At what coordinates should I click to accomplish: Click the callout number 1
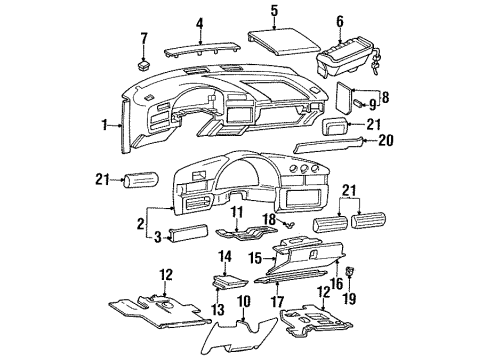click(x=104, y=126)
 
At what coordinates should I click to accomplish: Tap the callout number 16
click(x=336, y=284)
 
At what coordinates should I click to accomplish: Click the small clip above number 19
click(x=349, y=271)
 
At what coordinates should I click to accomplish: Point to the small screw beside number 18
click(x=286, y=226)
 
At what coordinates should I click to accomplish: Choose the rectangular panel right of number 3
click(x=191, y=235)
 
